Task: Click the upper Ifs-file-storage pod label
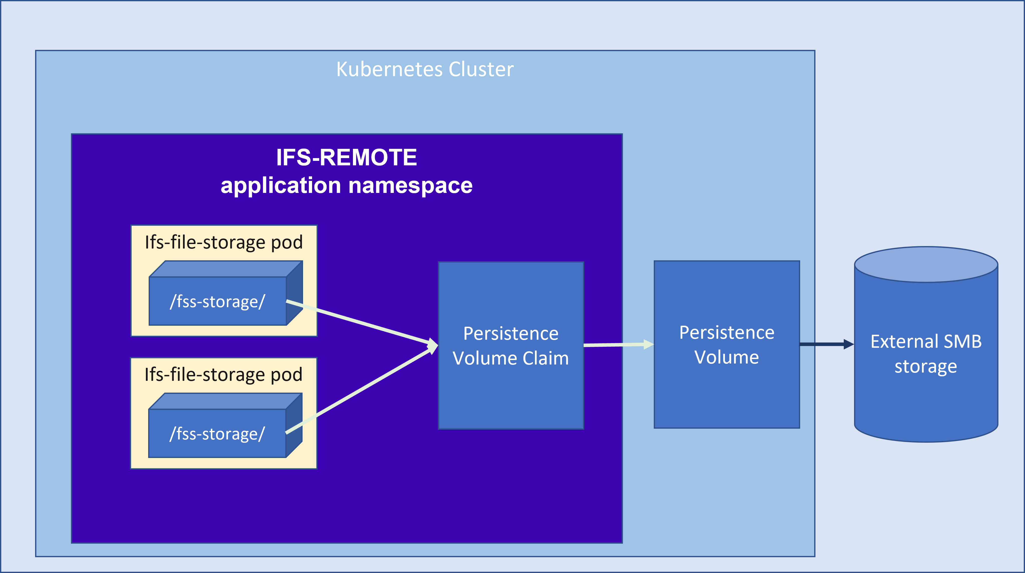pyautogui.click(x=224, y=242)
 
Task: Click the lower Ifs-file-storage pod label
pyautogui.click(x=223, y=375)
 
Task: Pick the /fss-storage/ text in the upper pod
pyautogui.click(x=217, y=302)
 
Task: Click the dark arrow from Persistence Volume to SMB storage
pyautogui.click(x=824, y=344)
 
